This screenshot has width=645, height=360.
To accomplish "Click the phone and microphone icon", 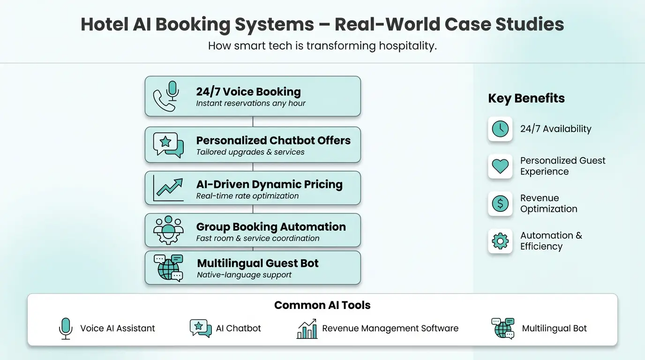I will coord(166,96).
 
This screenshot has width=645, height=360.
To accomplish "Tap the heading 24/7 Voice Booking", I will coord(248,92).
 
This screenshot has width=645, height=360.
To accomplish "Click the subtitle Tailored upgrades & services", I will coord(250,152).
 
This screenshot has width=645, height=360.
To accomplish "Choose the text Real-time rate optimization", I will coord(247,196).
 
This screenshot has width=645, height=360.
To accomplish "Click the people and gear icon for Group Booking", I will coord(168,230).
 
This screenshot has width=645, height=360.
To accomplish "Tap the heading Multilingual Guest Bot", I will coord(258,263).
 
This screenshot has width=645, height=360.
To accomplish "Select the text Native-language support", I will coord(244,275).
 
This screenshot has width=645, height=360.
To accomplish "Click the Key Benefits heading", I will coord(526,98).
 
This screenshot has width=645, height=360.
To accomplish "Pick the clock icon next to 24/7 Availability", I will coord(500,129).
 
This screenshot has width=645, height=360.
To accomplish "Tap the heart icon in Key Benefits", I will coord(500,166).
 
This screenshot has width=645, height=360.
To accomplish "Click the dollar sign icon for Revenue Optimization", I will coord(500,203).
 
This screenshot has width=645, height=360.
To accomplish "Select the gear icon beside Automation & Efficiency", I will coord(500,241).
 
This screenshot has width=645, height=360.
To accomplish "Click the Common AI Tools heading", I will coord(322,306).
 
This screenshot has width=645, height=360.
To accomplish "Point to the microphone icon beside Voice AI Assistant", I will coord(66,328).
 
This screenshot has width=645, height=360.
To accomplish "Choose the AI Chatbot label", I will coord(239,329).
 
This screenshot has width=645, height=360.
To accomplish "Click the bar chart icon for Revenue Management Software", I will coord(307,329).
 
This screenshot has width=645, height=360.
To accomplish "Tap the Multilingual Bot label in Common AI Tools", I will coord(555,329).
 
